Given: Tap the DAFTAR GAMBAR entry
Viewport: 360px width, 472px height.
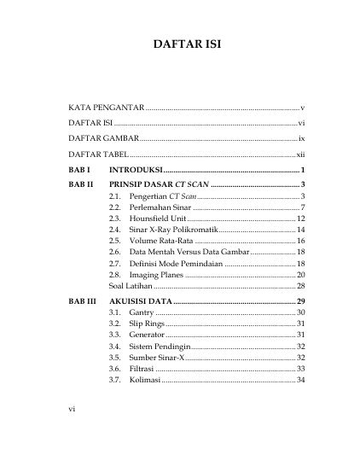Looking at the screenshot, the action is tap(102, 138).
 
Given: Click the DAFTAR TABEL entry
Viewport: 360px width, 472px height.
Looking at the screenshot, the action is tap(98, 155).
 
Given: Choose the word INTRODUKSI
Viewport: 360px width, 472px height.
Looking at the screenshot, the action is tap(142, 172).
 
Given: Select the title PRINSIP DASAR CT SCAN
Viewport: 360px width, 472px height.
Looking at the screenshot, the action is tap(157, 185).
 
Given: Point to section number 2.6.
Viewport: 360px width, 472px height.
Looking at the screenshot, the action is tap(115, 253).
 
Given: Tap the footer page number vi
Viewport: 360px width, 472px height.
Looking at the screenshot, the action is tap(73, 434).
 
